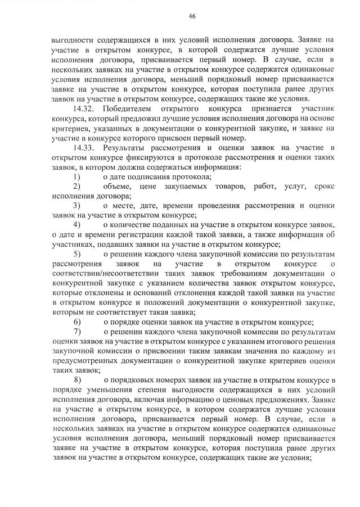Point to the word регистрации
pyautogui.click(x=134, y=234)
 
